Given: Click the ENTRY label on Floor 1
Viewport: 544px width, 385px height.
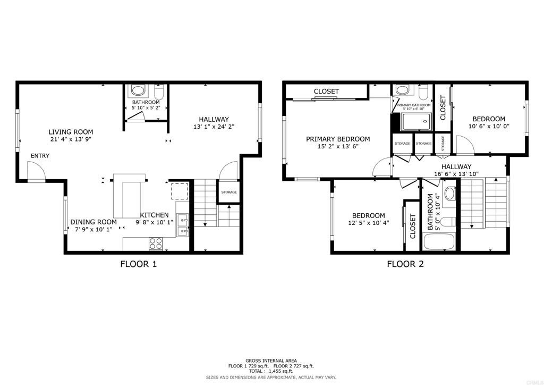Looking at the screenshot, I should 40,156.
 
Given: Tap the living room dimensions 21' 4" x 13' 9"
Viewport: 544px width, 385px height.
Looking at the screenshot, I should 71,140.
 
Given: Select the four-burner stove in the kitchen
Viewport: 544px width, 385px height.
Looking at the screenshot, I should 156,244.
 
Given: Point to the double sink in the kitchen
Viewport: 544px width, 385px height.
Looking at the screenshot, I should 183,225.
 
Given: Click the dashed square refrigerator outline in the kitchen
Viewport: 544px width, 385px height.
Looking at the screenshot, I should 178,190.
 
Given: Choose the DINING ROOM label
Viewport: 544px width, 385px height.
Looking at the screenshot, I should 93,222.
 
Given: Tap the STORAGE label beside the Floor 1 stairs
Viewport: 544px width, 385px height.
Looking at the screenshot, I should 229,192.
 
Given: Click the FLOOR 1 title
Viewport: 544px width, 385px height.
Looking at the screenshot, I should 139,264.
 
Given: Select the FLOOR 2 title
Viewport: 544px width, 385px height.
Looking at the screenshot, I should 405,264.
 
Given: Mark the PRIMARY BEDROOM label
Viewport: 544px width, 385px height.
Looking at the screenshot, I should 338,139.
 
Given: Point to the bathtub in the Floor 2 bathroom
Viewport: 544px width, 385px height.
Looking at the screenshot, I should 438,242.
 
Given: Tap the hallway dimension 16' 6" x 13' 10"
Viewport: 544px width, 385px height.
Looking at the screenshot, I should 456,173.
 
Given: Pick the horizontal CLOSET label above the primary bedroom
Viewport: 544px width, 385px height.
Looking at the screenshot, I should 326,91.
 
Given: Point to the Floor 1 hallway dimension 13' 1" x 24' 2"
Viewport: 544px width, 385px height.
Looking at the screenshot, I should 214,127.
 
